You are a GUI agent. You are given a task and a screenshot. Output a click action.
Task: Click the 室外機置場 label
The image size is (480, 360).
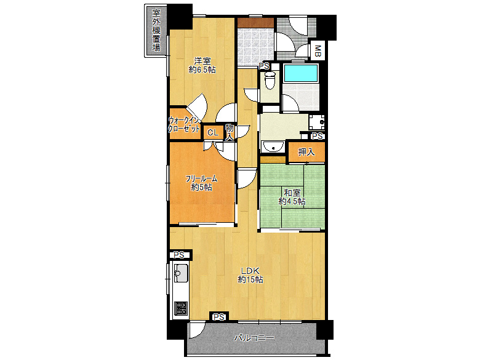(156, 30)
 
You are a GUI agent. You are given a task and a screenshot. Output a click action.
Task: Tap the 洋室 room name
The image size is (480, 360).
(202, 60)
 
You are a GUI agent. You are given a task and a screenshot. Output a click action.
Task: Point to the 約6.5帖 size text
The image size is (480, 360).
(202, 70)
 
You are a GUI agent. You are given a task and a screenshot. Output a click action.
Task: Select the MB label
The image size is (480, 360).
(318, 50)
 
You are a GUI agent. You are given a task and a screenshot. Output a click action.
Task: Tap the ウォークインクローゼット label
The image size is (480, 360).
(185, 125)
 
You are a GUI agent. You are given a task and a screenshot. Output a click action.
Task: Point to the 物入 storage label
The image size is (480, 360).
(229, 132)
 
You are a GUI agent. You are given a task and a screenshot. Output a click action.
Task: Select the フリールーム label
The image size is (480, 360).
(202, 178)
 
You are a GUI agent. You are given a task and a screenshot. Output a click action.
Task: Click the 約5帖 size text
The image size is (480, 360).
(202, 187)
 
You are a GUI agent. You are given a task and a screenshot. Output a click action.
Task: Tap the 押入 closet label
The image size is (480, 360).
(306, 153)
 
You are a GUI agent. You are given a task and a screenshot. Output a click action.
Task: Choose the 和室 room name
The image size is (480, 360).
(292, 191)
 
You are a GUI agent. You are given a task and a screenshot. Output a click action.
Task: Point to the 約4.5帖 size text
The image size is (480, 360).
(292, 201)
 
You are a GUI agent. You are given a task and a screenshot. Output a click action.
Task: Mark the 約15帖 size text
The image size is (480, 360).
(250, 280)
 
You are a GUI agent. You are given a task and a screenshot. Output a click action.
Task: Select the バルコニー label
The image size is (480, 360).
(254, 338)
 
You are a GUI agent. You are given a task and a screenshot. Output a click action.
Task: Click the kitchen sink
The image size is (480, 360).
(181, 272)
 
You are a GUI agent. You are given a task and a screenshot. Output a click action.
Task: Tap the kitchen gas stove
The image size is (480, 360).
(180, 308)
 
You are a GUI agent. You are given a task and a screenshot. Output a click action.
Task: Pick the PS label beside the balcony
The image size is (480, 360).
(218, 317)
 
